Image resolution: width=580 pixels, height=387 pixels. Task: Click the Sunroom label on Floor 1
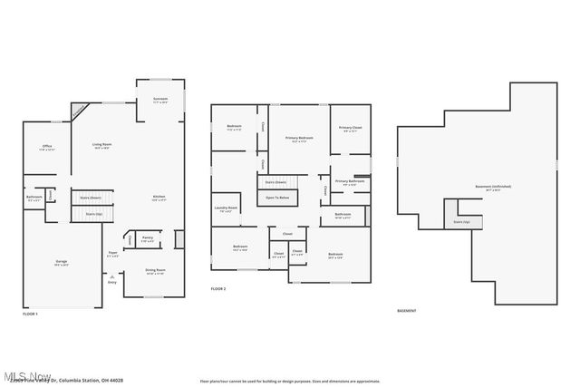(x=160, y=98)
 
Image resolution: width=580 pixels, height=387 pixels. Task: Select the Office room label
(x=46, y=147)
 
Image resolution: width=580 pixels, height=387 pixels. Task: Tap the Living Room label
(x=101, y=145)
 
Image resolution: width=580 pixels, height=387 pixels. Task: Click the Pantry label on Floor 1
(x=146, y=238)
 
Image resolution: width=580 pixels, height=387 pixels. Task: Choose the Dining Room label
(x=156, y=270)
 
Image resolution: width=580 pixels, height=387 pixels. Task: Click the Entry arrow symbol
(x=112, y=276)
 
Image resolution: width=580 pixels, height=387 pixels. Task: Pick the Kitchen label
(x=158, y=197)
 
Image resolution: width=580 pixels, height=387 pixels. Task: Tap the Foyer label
(x=113, y=253)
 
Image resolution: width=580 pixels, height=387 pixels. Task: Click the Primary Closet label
(x=350, y=128)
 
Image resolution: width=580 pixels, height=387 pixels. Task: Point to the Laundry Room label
(x=227, y=208)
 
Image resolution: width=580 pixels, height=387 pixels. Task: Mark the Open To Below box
(x=277, y=197)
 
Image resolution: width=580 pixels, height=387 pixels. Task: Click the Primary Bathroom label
(x=349, y=181)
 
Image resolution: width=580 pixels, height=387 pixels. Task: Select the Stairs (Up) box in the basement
(x=462, y=220)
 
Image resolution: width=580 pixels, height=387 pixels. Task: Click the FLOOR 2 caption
(x=217, y=289)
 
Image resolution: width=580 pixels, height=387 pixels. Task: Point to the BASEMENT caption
(x=407, y=311)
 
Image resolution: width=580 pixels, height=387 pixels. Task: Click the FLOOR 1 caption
(x=30, y=314)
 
